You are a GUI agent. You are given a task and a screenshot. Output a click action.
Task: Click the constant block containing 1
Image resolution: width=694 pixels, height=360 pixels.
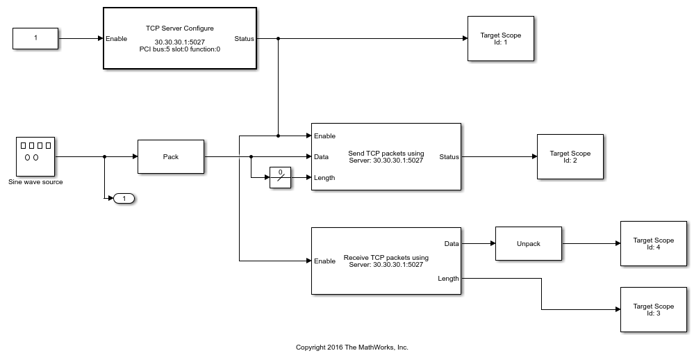pyautogui.click(x=35, y=38)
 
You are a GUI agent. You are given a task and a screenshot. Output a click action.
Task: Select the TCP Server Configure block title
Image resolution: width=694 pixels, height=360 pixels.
pyautogui.click(x=179, y=28)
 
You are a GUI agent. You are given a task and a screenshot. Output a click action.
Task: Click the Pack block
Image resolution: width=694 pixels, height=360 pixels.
pyautogui.click(x=171, y=156)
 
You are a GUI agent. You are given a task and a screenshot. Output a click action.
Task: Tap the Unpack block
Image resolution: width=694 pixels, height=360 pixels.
pyautogui.click(x=529, y=243)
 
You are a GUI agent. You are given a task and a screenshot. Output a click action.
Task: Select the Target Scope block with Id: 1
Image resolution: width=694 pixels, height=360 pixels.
pyautogui.click(x=500, y=38)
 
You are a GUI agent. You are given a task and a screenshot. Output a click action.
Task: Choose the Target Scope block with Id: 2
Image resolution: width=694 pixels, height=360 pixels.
pyautogui.click(x=570, y=156)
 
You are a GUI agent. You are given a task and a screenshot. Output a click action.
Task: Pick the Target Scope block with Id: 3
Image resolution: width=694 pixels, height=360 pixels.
pyautogui.click(x=653, y=309)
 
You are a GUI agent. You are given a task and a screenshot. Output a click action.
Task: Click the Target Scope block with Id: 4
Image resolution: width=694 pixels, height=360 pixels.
pyautogui.click(x=653, y=243)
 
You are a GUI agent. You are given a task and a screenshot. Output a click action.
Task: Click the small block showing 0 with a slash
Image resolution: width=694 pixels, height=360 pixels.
pyautogui.click(x=280, y=178)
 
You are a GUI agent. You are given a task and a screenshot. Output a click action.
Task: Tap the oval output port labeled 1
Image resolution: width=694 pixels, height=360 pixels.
pyautogui.click(x=124, y=199)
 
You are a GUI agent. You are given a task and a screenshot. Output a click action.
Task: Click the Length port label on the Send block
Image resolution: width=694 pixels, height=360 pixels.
pyautogui.click(x=324, y=178)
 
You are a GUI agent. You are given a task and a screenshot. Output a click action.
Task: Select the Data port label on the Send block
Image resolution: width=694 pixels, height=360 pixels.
pyautogui.click(x=321, y=157)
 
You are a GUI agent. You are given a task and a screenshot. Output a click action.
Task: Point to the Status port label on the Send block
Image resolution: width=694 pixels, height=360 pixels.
pyautogui.click(x=449, y=157)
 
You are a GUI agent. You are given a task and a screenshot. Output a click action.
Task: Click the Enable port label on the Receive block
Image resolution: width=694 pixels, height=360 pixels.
pyautogui.click(x=324, y=261)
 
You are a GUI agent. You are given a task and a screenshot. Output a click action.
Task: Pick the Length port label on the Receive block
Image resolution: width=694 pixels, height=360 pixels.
pyautogui.click(x=448, y=279)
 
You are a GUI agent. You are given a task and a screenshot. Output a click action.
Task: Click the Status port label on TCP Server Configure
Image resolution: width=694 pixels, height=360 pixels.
pyautogui.click(x=245, y=39)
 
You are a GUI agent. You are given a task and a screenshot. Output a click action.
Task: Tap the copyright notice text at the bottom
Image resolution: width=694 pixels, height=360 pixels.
pyautogui.click(x=352, y=347)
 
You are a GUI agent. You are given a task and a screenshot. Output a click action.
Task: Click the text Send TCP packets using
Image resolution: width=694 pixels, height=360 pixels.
pyautogui.click(x=386, y=153)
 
